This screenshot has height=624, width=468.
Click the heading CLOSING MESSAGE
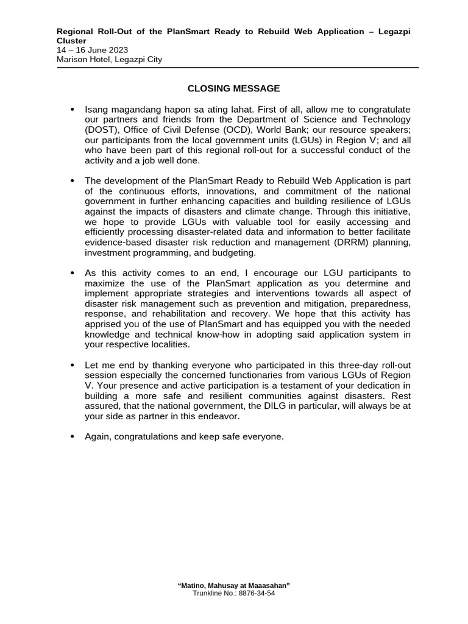coord(233,88)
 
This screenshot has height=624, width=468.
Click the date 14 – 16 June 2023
coord(92,50)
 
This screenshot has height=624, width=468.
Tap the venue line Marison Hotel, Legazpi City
coord(109,59)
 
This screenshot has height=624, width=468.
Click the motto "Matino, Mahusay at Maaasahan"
coord(233,585)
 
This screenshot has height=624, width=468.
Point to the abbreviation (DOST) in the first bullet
coord(100,130)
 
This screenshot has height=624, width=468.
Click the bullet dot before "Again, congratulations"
coord(72,437)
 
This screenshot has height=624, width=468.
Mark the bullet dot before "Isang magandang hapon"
coord(72,109)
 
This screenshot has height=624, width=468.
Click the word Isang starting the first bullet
coord(96,109)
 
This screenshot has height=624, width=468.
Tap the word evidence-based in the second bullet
coord(114,243)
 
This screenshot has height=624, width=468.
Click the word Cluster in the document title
coord(71,41)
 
